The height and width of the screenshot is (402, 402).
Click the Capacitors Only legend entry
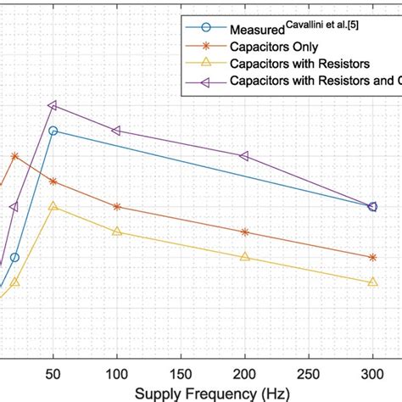pyautogui.click(x=273, y=47)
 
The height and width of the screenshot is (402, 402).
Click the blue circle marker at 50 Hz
pyautogui.click(x=53, y=131)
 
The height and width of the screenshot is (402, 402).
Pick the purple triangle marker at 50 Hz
pyautogui.click(x=53, y=105)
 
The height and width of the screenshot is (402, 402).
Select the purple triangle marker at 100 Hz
pyautogui.click(x=116, y=131)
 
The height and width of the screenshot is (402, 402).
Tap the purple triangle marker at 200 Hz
pyautogui.click(x=244, y=156)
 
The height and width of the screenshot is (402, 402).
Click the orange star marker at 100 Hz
pyautogui.click(x=117, y=206)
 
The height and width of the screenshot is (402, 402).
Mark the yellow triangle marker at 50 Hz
pyautogui.click(x=53, y=206)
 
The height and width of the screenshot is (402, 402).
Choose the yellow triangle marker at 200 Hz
pyautogui.click(x=245, y=257)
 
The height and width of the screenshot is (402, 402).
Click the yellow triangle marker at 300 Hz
pyautogui.click(x=372, y=282)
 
